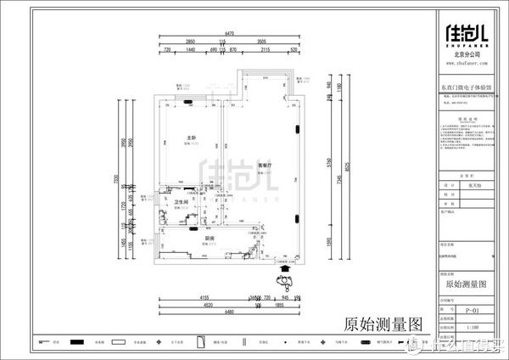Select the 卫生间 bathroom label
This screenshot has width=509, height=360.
coord(181,202)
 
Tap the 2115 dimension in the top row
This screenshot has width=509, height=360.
coord(266,50)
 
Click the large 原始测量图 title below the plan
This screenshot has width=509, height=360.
coord(383,324)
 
